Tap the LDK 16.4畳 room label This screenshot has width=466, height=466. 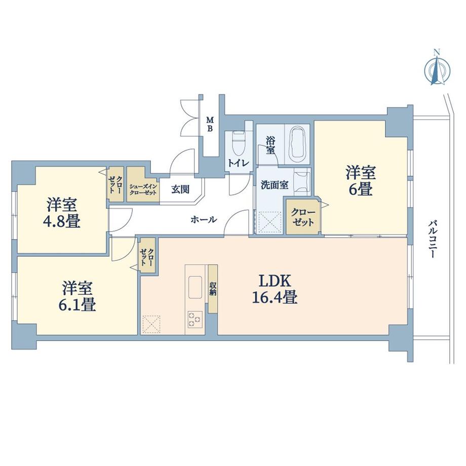[x=275, y=289]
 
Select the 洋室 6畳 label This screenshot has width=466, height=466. [x=361, y=180]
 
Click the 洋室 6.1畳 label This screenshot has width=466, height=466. [x=79, y=296]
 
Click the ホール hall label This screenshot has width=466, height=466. [x=204, y=219]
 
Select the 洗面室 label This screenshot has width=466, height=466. [x=274, y=185]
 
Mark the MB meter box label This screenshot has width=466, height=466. [x=210, y=124]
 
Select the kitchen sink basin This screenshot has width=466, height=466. [x=195, y=288]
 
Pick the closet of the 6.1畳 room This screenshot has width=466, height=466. [x=148, y=256]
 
